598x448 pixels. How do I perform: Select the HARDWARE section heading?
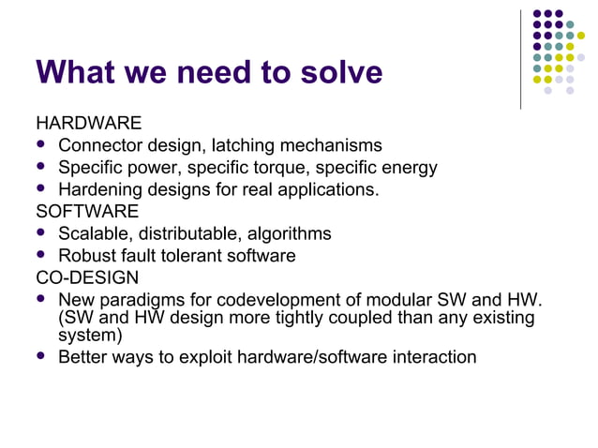[89, 123]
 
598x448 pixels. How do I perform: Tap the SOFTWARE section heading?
[87, 211]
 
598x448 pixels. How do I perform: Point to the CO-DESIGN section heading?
[86, 277]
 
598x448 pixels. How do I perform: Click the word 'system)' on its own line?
[90, 335]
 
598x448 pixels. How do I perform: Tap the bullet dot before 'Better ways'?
[40, 356]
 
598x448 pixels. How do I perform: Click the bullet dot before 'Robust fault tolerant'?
[40, 254]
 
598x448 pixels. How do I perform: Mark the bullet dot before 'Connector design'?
[40, 144]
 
